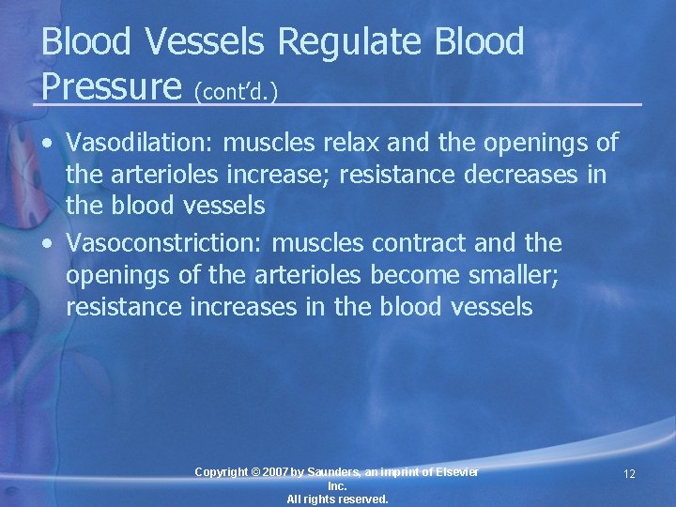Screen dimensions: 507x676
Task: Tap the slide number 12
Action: (629, 474)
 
